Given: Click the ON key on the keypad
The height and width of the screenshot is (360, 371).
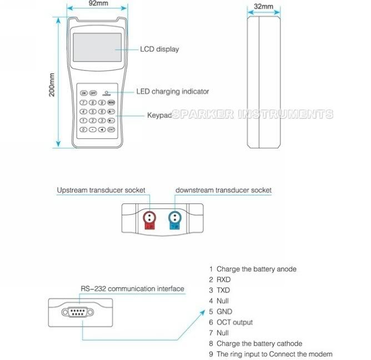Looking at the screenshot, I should pos(84,93).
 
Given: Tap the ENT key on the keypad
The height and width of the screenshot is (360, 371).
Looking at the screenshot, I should pos(112,129).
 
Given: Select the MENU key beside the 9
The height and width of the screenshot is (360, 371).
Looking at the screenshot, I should pos(112,103).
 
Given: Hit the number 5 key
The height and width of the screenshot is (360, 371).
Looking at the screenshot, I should pos(93,112).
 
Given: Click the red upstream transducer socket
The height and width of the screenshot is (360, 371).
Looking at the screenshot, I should pos(148,219).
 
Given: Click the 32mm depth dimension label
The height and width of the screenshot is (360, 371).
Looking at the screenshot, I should pos(263,6).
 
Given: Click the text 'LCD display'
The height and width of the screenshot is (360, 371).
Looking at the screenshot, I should pos(159,49).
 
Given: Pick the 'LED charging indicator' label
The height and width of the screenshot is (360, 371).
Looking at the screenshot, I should pos(173,92).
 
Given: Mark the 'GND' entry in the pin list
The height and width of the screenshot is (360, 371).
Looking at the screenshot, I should pos(224,312).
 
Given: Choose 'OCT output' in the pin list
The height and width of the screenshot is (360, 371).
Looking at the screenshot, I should pos(234,322).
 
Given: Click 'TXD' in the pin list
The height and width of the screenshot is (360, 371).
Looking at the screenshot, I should pos(223,291).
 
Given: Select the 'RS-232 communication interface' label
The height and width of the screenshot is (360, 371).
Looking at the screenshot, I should pos(132,289).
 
